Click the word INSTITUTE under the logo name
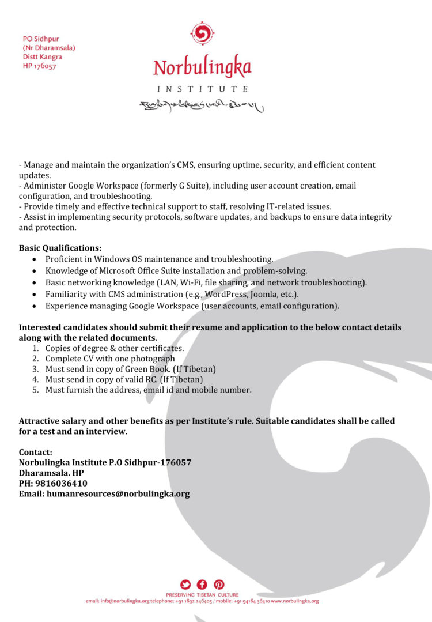[x=203, y=89]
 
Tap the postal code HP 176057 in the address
[x=40, y=66]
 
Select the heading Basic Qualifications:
[x=60, y=248]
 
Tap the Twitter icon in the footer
[x=185, y=585]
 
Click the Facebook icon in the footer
[x=202, y=585]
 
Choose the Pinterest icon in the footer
[x=219, y=585]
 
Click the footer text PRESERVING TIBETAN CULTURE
[x=202, y=595]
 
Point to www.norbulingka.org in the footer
[x=295, y=601]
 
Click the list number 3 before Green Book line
[x=35, y=369]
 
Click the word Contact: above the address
[x=36, y=452]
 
